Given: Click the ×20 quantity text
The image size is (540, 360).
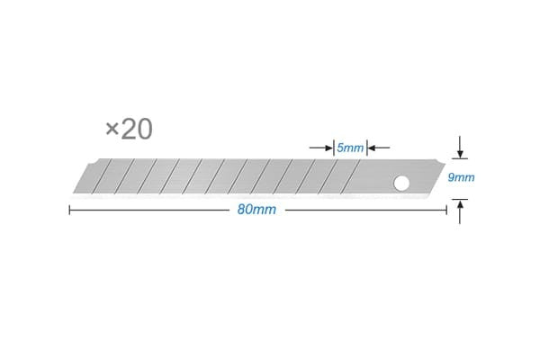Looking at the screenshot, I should click(x=129, y=129).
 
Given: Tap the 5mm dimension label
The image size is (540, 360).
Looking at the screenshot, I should click(x=349, y=147).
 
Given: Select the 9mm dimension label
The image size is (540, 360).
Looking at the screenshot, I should click(x=461, y=178).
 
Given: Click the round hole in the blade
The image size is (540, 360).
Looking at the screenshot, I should click(x=400, y=184).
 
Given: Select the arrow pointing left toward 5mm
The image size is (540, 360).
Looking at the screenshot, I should click(x=376, y=147).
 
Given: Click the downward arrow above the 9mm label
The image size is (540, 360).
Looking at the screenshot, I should click(x=461, y=149).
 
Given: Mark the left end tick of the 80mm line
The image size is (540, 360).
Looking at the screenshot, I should click(x=69, y=211).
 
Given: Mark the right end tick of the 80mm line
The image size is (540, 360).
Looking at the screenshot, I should click(x=447, y=211).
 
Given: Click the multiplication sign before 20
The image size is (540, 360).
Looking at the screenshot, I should click(x=112, y=130).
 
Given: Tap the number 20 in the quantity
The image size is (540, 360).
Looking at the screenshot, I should click(x=136, y=129).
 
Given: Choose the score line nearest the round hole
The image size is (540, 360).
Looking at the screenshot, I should click(x=364, y=177).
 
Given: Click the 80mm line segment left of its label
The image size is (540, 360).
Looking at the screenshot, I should click(x=153, y=211).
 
